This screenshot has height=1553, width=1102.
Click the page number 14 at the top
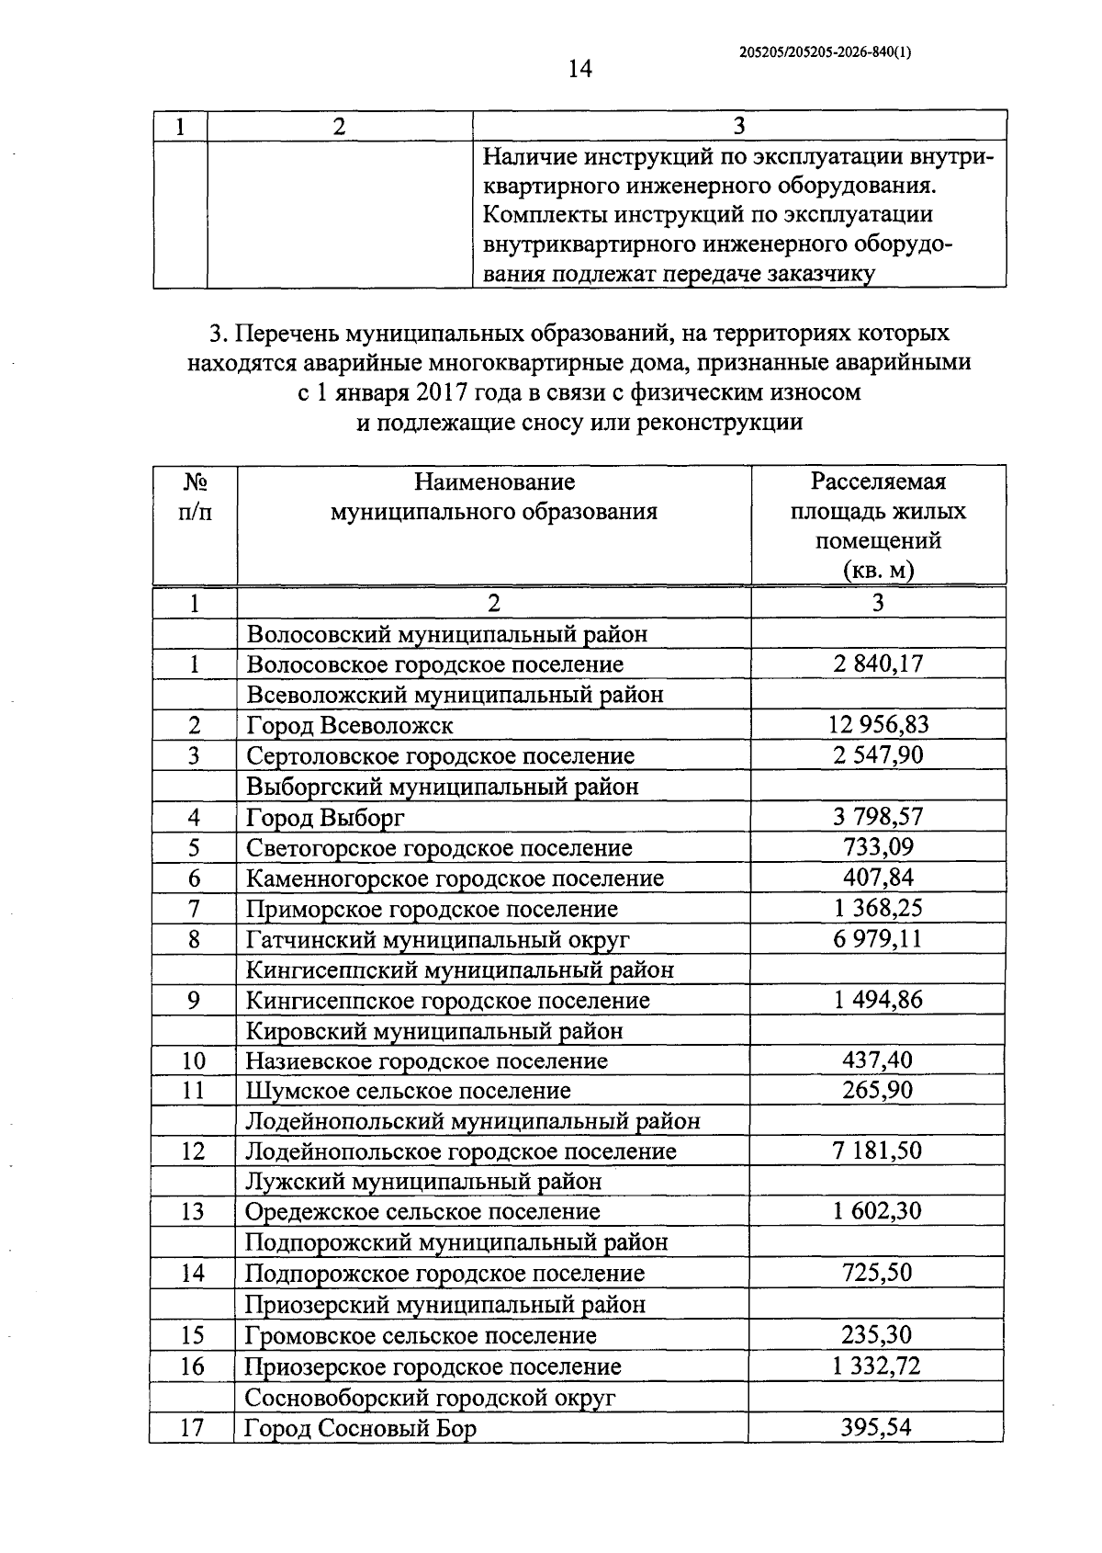[579, 69]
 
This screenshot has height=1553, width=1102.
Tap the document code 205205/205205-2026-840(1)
[825, 53]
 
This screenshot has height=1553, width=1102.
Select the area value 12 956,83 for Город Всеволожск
[878, 725]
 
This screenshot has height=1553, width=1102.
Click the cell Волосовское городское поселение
[434, 664]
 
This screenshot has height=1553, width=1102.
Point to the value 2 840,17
[878, 663]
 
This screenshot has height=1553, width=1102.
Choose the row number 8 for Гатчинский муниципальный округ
[194, 939]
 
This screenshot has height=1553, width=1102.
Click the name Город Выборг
[325, 817]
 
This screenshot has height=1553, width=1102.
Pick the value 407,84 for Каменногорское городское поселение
[878, 878]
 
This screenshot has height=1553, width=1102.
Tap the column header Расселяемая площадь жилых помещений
[878, 525]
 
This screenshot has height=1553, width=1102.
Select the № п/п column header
[195, 496]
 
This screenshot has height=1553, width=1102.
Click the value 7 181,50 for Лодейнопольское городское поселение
[877, 1151]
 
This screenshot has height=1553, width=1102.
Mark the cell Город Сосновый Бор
[360, 1428]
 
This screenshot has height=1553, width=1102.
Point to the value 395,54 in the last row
[876, 1428]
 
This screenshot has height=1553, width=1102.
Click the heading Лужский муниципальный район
[423, 1181]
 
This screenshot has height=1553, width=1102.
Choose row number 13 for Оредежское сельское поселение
[193, 1211]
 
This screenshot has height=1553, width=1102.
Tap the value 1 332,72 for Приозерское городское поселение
[876, 1366]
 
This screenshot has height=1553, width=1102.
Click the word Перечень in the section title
[279, 333]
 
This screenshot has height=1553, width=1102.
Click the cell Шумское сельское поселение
[408, 1091]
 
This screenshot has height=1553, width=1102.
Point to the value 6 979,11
[878, 939]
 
